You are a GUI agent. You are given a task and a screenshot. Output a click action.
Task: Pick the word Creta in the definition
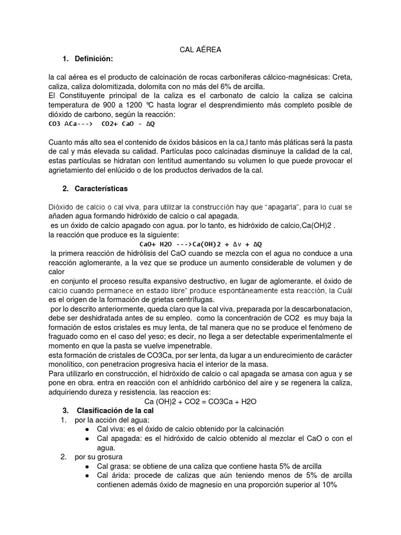[341, 77]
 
